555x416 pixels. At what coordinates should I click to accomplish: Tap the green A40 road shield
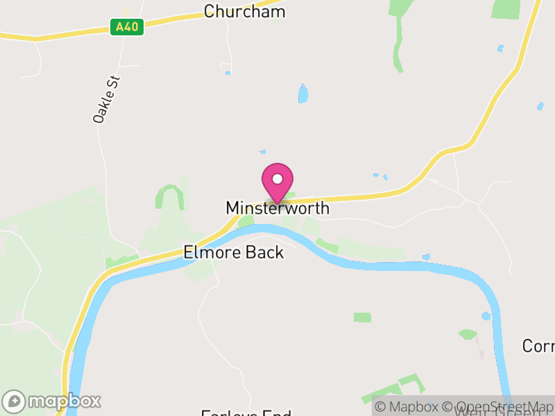126,27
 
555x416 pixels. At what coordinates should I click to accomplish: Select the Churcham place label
244,12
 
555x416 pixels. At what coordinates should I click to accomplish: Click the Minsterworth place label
277,208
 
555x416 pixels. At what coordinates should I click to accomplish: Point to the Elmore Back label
234,252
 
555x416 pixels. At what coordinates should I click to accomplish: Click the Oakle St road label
107,100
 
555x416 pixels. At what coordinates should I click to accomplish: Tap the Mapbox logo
52,401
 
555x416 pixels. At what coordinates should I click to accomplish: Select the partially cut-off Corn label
538,345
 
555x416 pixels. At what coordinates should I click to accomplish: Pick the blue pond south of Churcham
302,94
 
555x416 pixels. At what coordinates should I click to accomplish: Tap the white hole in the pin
277,179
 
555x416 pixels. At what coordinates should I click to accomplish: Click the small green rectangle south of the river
362,318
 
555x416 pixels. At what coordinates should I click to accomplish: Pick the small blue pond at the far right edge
540,106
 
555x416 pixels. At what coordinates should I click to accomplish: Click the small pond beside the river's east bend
486,316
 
